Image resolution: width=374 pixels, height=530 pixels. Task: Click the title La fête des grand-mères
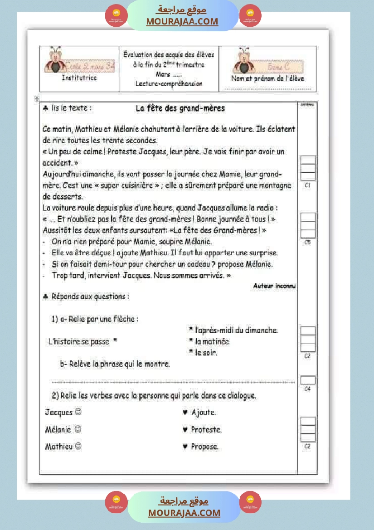(180, 108)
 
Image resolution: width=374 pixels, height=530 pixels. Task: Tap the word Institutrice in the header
(79, 78)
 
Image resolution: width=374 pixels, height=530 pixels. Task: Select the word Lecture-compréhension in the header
(169, 83)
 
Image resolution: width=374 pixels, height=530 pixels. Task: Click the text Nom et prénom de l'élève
(267, 78)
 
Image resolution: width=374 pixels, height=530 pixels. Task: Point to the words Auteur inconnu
(274, 286)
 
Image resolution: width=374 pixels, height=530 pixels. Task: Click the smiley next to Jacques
(78, 412)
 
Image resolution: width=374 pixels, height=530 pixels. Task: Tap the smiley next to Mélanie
(78, 429)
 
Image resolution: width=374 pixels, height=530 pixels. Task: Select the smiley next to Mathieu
(78, 446)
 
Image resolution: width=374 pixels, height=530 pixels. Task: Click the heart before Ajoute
(185, 413)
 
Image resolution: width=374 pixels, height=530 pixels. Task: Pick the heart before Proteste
(185, 429)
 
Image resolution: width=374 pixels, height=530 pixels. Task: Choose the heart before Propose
(185, 447)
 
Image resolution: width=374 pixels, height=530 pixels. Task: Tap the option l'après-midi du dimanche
(236, 331)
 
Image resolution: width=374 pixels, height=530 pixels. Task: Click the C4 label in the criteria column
(307, 389)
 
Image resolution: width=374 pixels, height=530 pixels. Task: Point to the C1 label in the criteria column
(307, 185)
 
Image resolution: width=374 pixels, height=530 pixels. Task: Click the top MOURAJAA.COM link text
(182, 21)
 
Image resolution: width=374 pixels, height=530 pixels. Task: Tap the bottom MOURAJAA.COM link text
(184, 513)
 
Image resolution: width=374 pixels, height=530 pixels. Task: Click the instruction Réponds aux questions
(90, 297)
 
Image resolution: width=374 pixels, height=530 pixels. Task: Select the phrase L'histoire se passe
(79, 341)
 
